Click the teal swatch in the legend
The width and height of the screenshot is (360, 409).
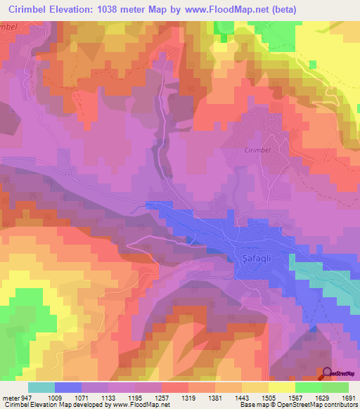pyautogui.click(x=41, y=387)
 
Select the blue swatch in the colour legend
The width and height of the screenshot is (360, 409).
pyautogui.click(x=68, y=387)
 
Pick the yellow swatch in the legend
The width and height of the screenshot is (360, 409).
pyautogui.click(x=281, y=387)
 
